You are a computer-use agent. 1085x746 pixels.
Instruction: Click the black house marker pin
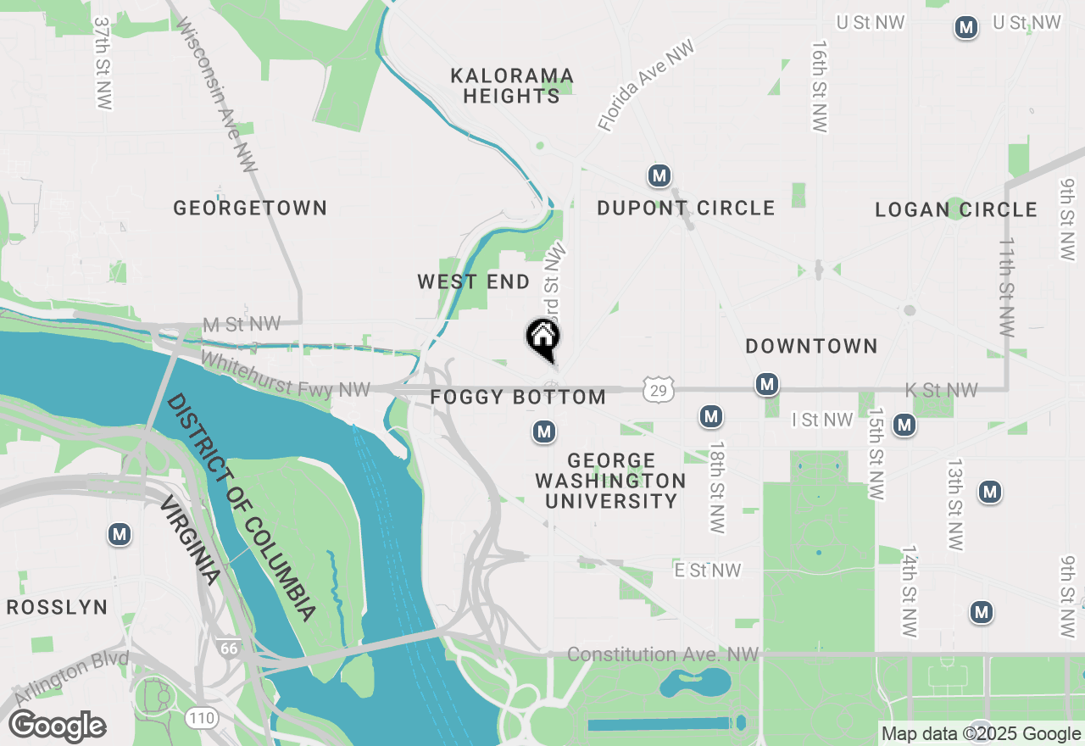pyautogui.click(x=543, y=337)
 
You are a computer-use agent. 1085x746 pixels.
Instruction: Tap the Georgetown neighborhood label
pyautogui.click(x=250, y=208)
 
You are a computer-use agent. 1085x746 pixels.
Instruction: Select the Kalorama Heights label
pyautogui.click(x=512, y=86)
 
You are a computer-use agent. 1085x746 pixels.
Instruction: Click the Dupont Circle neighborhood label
pyautogui.click(x=686, y=208)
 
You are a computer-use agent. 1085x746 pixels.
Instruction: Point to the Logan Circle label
pyautogui.click(x=956, y=209)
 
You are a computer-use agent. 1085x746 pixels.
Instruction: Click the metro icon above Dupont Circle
pyautogui.click(x=659, y=176)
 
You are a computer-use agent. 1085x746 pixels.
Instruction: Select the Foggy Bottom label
pyautogui.click(x=518, y=397)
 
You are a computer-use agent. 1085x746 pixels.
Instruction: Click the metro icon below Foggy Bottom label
pyautogui.click(x=543, y=432)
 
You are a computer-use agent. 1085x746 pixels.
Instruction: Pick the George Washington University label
pyautogui.click(x=610, y=481)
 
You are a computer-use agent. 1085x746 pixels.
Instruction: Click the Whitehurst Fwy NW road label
pyautogui.click(x=286, y=376)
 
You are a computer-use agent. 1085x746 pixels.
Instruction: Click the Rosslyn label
pyautogui.click(x=57, y=607)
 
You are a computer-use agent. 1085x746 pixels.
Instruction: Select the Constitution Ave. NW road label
pyautogui.click(x=662, y=654)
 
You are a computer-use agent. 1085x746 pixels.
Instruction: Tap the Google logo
pyautogui.click(x=57, y=727)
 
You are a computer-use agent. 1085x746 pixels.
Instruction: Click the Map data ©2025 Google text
pyautogui.click(x=981, y=734)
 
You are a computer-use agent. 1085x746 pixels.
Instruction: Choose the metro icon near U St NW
pyautogui.click(x=965, y=28)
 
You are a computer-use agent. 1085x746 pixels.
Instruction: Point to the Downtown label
pyautogui.click(x=811, y=346)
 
